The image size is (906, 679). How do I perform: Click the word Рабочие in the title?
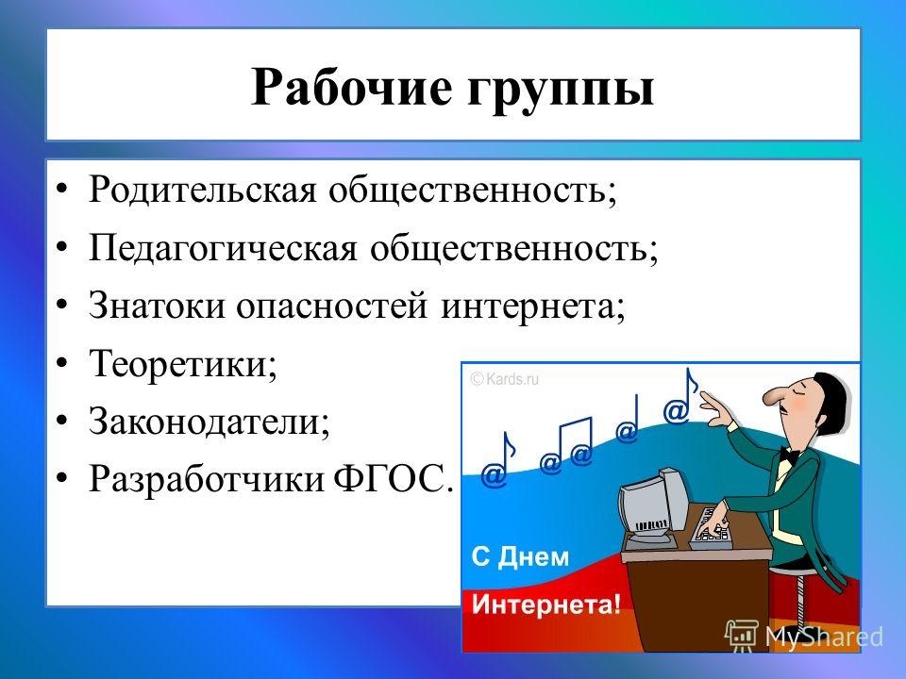click(351, 88)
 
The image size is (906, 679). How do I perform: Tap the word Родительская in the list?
click(203, 189)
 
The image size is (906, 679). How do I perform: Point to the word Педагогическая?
click(223, 248)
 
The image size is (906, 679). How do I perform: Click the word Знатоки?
click(157, 305)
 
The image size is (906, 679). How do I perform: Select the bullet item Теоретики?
click(183, 364)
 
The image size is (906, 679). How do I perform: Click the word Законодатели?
click(210, 422)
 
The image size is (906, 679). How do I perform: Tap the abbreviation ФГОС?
click(391, 478)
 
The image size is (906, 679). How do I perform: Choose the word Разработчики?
click(207, 479)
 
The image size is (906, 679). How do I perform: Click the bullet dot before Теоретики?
click(62, 364)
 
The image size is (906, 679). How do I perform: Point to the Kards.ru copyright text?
click(504, 379)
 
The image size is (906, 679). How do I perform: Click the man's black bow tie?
click(789, 455)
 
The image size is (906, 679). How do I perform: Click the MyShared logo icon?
click(742, 636)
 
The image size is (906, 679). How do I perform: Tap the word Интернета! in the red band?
click(546, 604)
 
